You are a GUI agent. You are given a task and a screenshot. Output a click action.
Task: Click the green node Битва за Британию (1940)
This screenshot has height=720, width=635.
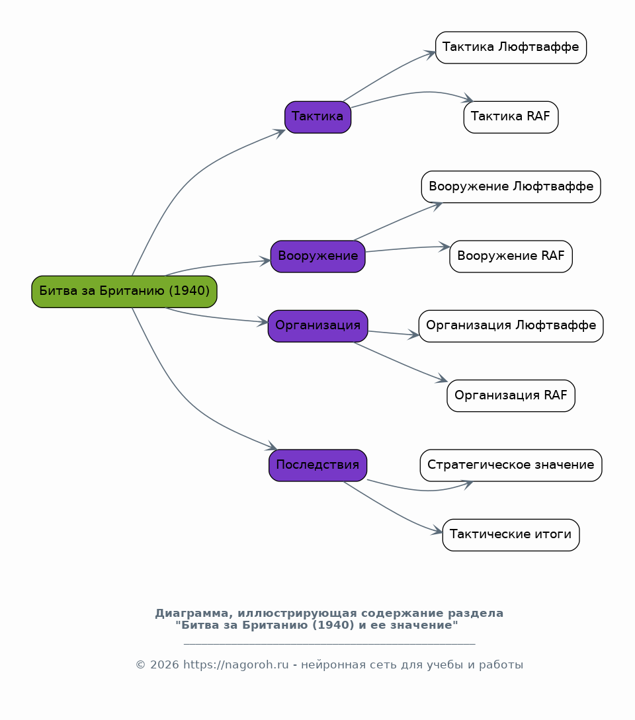124,292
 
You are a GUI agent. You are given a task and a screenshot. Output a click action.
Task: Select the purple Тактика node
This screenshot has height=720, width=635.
318,117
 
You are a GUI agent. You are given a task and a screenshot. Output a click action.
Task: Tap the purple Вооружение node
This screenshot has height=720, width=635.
318,257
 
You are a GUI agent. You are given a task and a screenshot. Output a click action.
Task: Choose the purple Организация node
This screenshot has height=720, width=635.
318,326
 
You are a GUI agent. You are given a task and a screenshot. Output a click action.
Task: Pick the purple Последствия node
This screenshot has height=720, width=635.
318,465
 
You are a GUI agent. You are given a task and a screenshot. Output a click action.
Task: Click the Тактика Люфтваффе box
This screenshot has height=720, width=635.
511,48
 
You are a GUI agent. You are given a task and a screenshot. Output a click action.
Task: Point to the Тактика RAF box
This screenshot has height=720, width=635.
511,117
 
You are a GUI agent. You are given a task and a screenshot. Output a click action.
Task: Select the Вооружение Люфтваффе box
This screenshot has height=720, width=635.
511,187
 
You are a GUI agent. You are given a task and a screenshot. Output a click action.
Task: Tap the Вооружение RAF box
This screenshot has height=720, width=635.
511,257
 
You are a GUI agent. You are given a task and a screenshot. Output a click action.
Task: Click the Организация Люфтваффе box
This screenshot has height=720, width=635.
511,326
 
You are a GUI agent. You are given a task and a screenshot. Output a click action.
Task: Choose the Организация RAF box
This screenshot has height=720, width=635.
511,396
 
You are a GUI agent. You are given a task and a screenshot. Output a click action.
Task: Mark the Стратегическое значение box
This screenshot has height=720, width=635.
511,465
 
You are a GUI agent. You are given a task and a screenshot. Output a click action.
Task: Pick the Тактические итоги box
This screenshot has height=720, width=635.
511,535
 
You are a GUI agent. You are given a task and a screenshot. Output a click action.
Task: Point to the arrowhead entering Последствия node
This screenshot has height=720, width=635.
272,446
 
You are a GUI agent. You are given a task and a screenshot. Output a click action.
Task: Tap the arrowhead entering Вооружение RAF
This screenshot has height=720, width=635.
444,247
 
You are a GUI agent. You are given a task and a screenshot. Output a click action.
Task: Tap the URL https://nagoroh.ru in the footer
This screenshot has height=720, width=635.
236,664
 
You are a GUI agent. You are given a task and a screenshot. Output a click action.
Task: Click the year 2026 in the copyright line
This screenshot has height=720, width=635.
165,664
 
